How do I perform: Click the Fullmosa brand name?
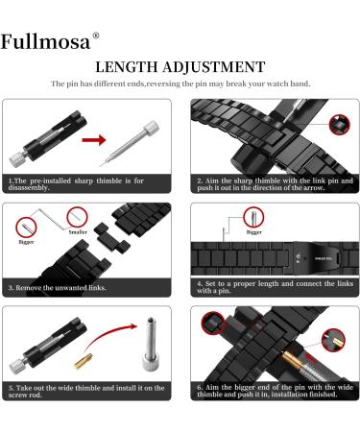click(44, 42)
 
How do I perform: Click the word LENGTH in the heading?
click(131, 67)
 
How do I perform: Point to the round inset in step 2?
click(338, 123)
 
